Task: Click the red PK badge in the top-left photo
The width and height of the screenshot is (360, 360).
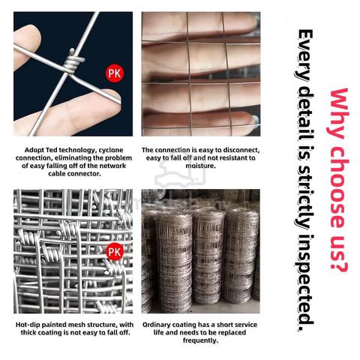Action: (x=115, y=73)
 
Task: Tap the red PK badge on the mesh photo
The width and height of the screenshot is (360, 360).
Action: (x=115, y=251)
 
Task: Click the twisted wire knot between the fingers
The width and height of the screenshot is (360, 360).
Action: (x=73, y=61)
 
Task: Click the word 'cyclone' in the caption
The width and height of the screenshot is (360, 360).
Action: (x=111, y=150)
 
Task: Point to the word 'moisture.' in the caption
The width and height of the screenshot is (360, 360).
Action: (x=200, y=166)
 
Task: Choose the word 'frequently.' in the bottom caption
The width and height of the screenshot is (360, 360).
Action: (x=200, y=340)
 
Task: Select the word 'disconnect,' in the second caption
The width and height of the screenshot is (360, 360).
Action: (x=241, y=150)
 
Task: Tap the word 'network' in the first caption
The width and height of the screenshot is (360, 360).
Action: (x=112, y=166)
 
